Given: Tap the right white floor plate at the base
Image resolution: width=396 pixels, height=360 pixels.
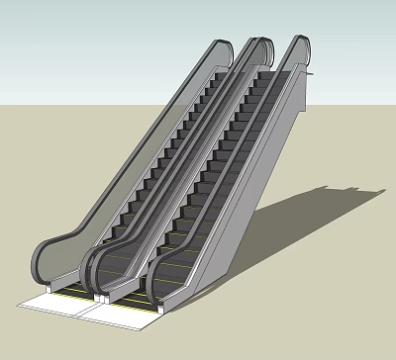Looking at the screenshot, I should click(x=124, y=314).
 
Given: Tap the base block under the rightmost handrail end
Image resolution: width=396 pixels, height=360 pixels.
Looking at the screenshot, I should click(x=157, y=306).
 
